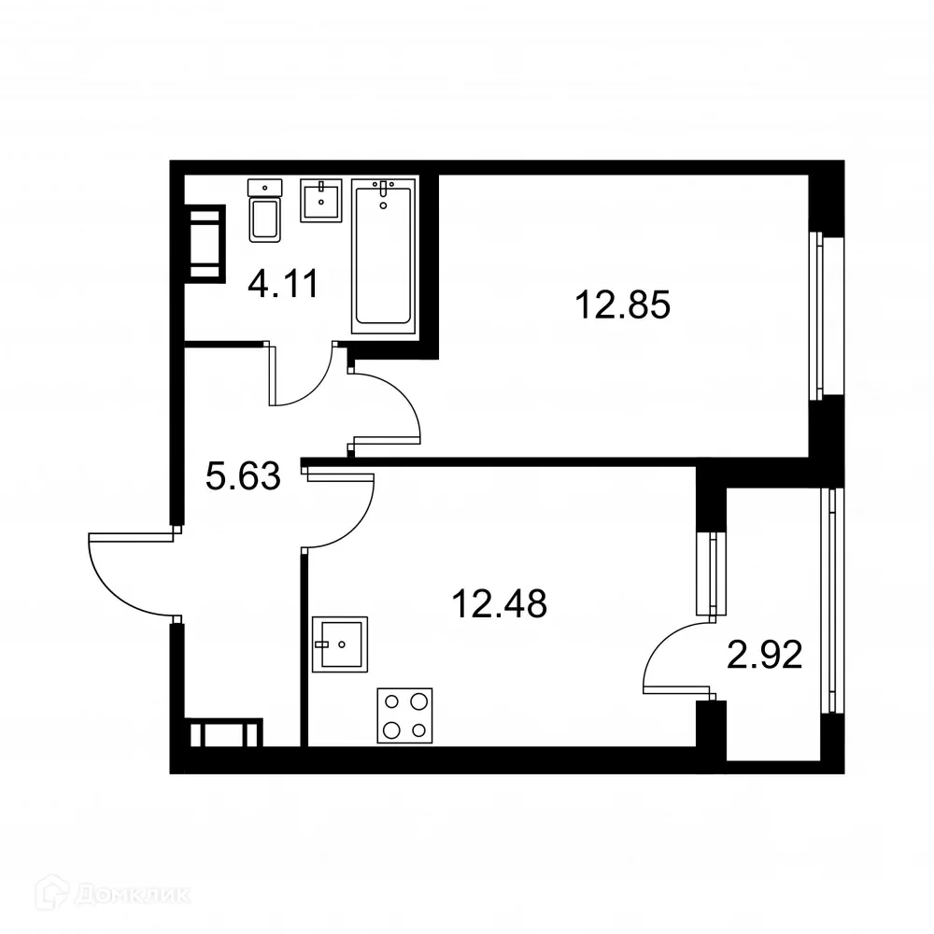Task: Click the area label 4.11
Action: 283,282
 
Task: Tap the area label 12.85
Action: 623,305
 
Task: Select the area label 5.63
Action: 243,478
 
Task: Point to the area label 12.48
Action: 499,603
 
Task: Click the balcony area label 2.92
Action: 765,657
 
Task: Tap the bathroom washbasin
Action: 322,199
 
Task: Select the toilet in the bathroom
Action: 265,211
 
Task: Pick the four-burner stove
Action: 404,715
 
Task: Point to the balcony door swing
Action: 674,658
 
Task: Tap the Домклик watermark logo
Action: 97,894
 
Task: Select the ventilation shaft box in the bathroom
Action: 205,243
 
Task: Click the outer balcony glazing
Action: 829,598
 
